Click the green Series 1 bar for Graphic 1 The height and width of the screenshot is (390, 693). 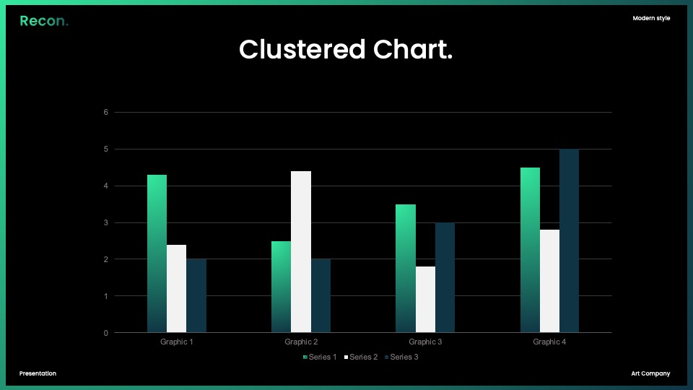pyautogui.click(x=157, y=253)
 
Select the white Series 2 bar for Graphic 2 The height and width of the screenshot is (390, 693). pyautogui.click(x=301, y=251)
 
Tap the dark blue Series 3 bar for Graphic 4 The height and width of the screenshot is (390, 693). pyautogui.click(x=570, y=240)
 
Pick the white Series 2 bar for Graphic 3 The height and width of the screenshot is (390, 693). pyautogui.click(x=425, y=299)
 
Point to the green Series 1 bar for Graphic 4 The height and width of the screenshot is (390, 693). pyautogui.click(x=530, y=250)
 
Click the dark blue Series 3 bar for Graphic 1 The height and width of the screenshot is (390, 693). pyautogui.click(x=196, y=296)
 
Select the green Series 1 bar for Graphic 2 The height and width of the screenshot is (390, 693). pyautogui.click(x=281, y=287)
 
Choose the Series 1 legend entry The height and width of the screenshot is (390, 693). pyautogui.click(x=320, y=357)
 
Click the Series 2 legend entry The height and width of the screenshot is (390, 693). pyautogui.click(x=361, y=357)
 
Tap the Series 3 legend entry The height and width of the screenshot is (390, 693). pyautogui.click(x=401, y=357)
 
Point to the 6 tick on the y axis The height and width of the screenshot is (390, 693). pyautogui.click(x=105, y=113)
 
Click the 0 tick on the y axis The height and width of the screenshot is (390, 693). pyautogui.click(x=105, y=333)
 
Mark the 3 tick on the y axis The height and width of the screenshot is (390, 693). pyautogui.click(x=105, y=222)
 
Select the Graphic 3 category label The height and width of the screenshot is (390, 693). pyautogui.click(x=425, y=342)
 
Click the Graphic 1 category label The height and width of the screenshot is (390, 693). pyautogui.click(x=176, y=342)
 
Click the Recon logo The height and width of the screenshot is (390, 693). pyautogui.click(x=44, y=21)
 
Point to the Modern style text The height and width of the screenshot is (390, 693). pyautogui.click(x=651, y=18)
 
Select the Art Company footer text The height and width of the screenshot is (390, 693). pyautogui.click(x=650, y=373)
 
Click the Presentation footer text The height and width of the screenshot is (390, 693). pyautogui.click(x=38, y=373)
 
